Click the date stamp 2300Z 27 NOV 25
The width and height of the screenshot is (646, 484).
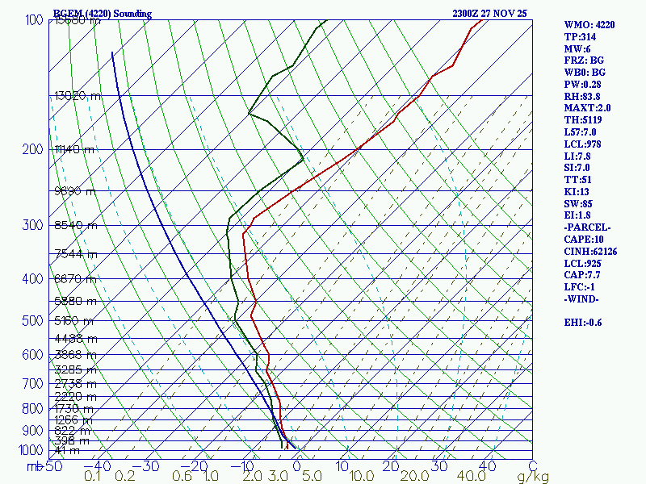(x=490, y=14)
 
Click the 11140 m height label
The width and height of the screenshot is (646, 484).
(x=74, y=150)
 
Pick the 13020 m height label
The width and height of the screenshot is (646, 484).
(x=78, y=95)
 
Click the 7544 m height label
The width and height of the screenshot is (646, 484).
(x=75, y=254)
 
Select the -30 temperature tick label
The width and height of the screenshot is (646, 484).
(x=149, y=465)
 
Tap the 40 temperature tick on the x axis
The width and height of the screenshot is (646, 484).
(x=486, y=465)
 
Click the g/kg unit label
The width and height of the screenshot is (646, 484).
(x=533, y=477)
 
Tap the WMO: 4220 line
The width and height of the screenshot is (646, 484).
(x=589, y=25)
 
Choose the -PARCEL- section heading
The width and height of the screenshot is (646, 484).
(x=587, y=227)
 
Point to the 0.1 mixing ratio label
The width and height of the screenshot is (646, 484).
(x=93, y=477)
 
